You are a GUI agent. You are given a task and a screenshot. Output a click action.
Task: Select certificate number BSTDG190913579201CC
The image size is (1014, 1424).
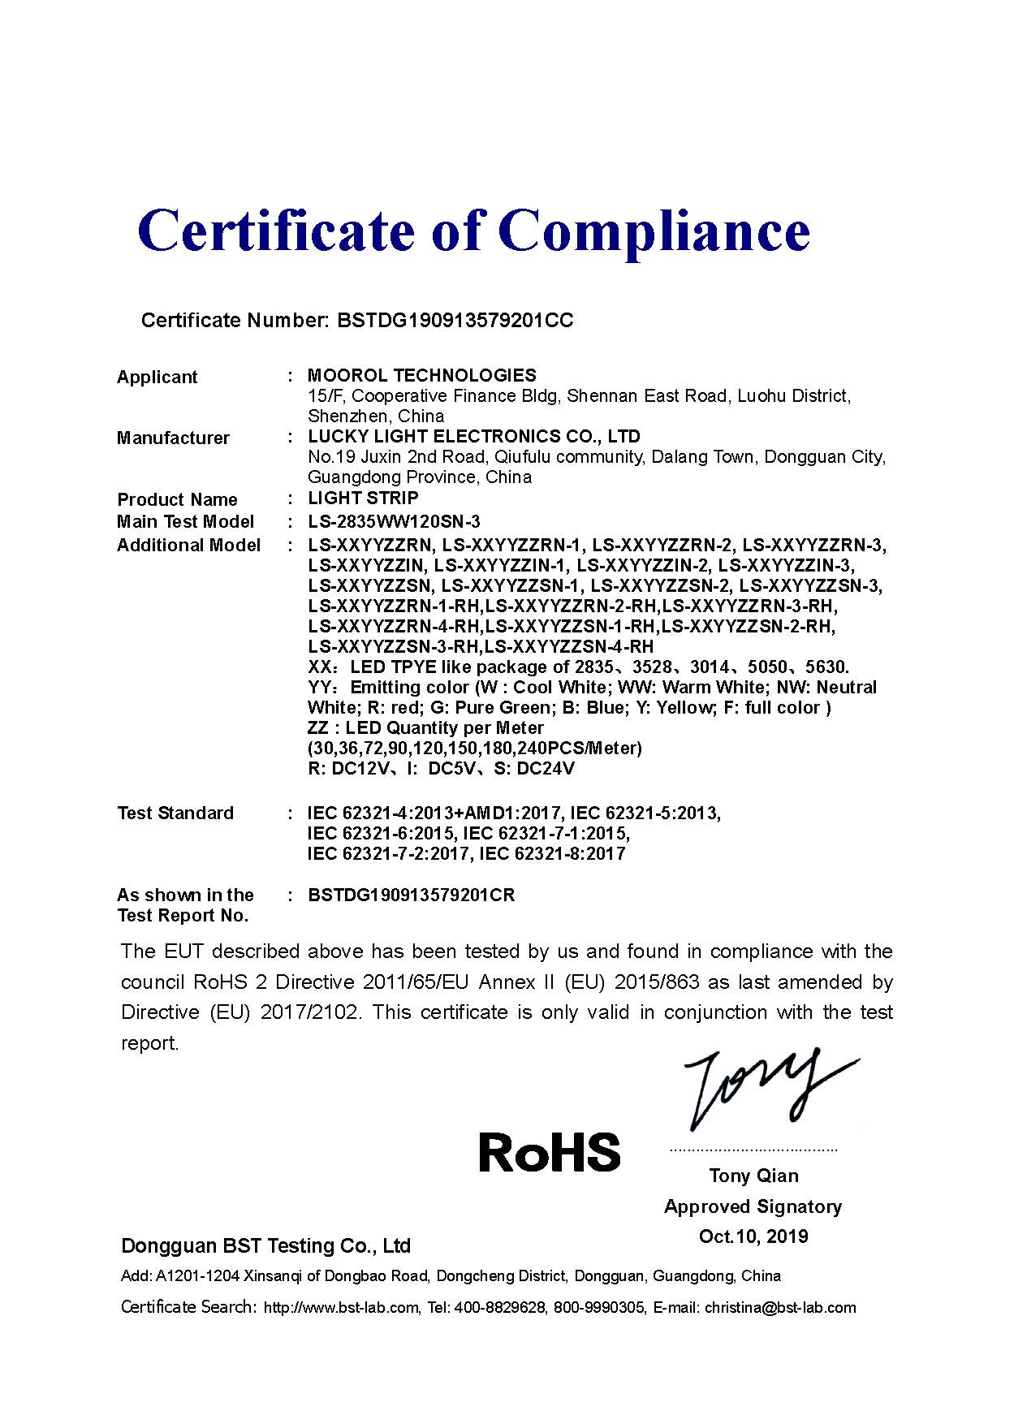[455, 320]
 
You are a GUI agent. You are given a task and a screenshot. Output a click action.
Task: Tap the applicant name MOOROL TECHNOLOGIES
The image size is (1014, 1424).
[421, 375]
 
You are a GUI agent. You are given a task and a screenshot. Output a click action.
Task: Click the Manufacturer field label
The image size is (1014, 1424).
[173, 438]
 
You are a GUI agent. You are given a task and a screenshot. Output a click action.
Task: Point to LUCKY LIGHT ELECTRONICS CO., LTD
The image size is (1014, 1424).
[474, 436]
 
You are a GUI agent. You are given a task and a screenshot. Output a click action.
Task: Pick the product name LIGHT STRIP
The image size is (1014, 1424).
[363, 498]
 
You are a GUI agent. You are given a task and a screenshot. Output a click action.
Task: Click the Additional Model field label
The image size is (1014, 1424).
[188, 545]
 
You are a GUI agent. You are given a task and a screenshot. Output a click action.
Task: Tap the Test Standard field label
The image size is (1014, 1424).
[175, 813]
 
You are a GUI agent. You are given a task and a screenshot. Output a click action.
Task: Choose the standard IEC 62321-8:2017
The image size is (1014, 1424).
[552, 853]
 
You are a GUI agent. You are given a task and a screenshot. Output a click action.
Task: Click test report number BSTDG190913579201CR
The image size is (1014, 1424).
[412, 895]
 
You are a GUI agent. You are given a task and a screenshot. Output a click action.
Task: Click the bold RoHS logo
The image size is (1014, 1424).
[549, 1152]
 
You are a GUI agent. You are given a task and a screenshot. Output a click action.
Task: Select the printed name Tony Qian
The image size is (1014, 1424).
[753, 1176]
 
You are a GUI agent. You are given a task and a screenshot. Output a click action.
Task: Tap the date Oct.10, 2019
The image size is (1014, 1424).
[753, 1236]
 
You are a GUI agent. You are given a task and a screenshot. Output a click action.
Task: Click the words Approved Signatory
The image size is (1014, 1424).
[753, 1206]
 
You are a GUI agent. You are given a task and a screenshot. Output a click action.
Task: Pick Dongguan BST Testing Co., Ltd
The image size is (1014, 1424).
[265, 1245]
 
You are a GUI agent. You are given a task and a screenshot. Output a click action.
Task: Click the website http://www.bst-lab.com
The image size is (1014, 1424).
[342, 1307]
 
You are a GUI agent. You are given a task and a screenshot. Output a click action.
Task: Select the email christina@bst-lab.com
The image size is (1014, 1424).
[780, 1307]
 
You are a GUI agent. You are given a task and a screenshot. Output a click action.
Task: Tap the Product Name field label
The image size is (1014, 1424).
[177, 499]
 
